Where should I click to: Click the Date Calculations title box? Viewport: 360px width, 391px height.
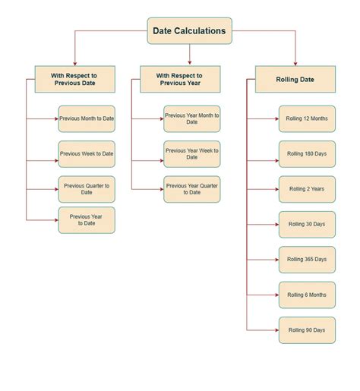pyautogui.click(x=189, y=31)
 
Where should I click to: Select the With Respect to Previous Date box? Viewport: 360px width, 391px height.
pyautogui.click(x=75, y=79)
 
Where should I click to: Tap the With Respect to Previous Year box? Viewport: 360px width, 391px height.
pyautogui.click(x=180, y=79)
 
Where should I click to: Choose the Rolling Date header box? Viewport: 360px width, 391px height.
pyautogui.click(x=295, y=79)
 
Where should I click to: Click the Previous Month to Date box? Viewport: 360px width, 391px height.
pyautogui.click(x=87, y=118)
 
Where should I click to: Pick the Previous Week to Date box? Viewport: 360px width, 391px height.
pyautogui.click(x=87, y=153)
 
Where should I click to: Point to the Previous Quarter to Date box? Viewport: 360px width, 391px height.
pyautogui.click(x=87, y=189)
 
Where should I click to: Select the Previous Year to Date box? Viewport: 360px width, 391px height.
pyautogui.click(x=87, y=219)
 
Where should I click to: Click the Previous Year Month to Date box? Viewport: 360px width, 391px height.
pyautogui.click(x=191, y=118)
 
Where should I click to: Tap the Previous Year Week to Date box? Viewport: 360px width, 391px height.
pyautogui.click(x=191, y=153)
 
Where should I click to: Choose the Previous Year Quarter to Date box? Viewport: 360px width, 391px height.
pyautogui.click(x=191, y=189)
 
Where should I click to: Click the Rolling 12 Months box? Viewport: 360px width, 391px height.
pyautogui.click(x=307, y=118)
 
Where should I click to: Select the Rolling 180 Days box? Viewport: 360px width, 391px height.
pyautogui.click(x=307, y=153)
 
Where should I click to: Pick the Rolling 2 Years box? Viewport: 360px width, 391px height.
pyautogui.click(x=307, y=189)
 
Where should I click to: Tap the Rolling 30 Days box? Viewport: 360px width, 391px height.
pyautogui.click(x=307, y=224)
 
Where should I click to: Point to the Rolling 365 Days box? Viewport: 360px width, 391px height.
pyautogui.click(x=307, y=260)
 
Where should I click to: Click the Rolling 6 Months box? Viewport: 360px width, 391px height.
pyautogui.click(x=307, y=295)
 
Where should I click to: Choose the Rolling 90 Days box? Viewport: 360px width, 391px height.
pyautogui.click(x=307, y=330)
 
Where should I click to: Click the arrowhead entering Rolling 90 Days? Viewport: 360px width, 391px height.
pyautogui.click(x=276, y=330)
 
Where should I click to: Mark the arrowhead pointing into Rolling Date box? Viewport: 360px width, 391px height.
pyautogui.click(x=295, y=62)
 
